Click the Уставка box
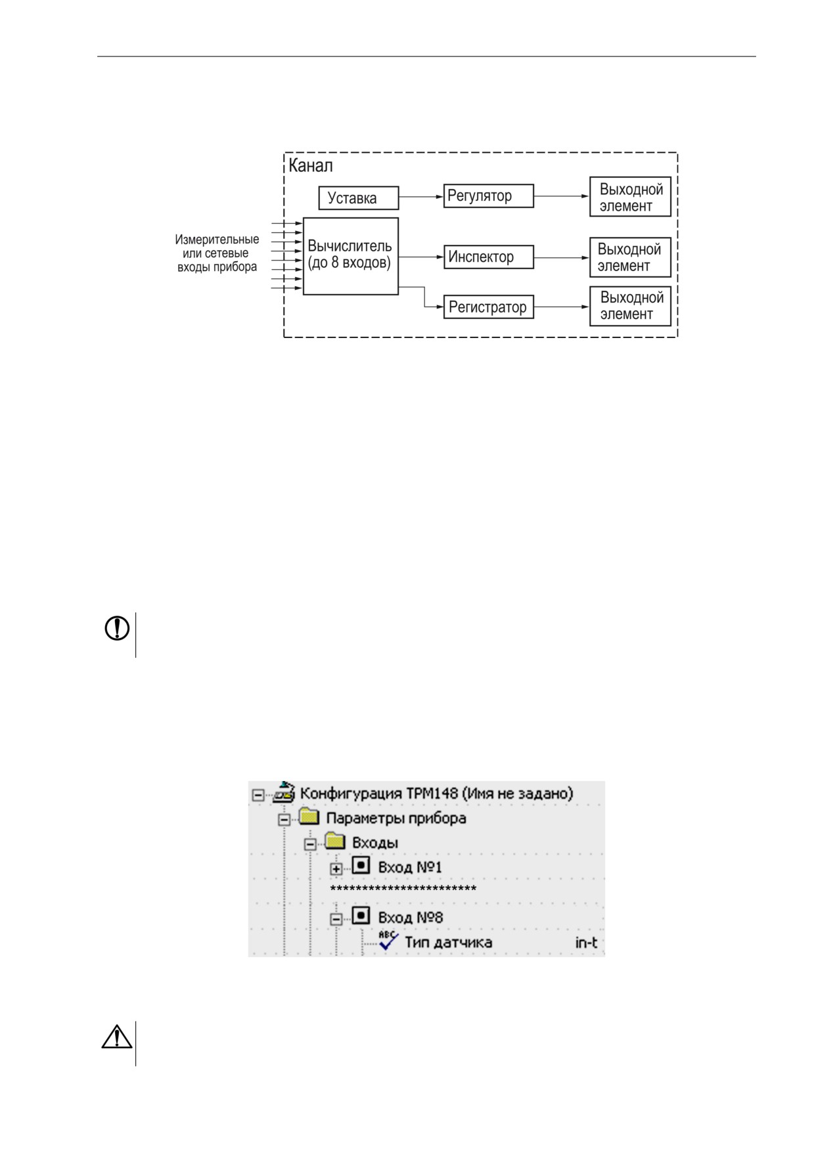(358, 198)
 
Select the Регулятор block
(488, 196)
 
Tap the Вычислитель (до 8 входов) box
(351, 256)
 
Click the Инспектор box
(488, 257)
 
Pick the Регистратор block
(488, 307)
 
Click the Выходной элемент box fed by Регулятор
(630, 196)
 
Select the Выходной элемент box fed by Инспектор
(630, 257)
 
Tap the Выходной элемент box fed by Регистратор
(630, 306)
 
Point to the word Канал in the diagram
(311, 165)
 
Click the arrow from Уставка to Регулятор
(421, 196)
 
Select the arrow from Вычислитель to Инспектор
(421, 257)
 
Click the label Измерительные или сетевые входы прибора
(217, 253)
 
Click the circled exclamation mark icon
(117, 628)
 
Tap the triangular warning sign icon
(117, 1036)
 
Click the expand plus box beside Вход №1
(336, 868)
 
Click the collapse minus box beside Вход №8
(336, 919)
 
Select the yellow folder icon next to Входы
(336, 841)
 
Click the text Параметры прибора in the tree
(396, 819)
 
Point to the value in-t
(586, 943)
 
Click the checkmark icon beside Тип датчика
(389, 941)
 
